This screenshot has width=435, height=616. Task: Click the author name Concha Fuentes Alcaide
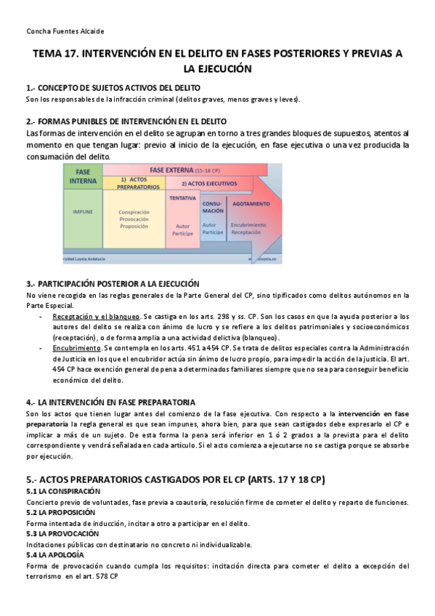coord(65,31)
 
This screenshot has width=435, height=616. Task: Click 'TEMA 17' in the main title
coord(61,55)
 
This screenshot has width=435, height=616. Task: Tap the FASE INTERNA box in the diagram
coord(82,175)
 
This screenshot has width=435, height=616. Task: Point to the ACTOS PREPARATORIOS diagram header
coord(138,182)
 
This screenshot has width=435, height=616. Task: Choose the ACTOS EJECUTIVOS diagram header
coord(206,183)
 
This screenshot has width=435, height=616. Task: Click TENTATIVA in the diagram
coord(182,198)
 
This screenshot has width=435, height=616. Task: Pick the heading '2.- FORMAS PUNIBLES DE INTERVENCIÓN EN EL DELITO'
coord(126,121)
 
